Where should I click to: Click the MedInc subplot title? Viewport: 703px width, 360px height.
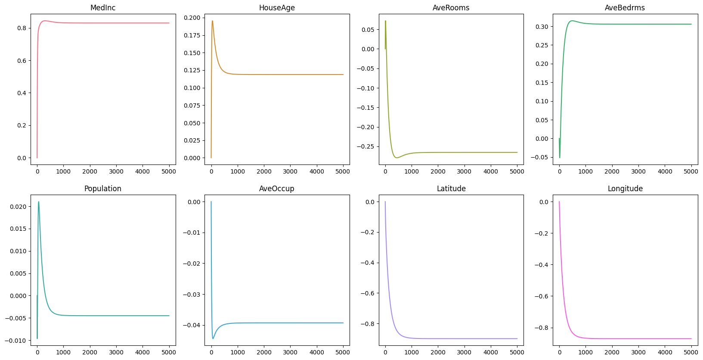coord(103,8)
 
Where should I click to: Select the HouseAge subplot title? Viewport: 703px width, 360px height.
coord(277,8)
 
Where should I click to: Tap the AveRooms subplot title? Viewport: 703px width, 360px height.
coord(451,8)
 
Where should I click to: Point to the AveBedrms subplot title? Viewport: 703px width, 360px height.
coord(625,8)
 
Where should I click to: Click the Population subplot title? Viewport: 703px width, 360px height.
coord(103,189)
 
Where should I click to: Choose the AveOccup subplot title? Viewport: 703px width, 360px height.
coord(277,189)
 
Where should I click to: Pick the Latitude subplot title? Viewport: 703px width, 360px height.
coord(451,189)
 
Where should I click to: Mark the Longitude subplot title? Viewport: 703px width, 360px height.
coord(625,189)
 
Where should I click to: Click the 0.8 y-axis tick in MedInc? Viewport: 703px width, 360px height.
coord(22,28)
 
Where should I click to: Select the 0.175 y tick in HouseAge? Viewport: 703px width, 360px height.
coord(192,35)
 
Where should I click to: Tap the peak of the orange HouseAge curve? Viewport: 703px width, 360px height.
coord(212,21)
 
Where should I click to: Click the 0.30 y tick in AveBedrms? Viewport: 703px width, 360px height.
coord(542,27)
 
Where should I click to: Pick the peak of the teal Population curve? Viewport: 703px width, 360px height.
coord(38,202)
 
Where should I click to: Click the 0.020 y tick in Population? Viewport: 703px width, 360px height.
coord(18,207)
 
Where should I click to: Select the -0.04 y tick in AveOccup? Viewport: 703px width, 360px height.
coord(193,325)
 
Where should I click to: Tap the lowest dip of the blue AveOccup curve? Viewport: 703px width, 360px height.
coord(213,338)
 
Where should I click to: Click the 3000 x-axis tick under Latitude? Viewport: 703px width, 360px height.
coord(464,352)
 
